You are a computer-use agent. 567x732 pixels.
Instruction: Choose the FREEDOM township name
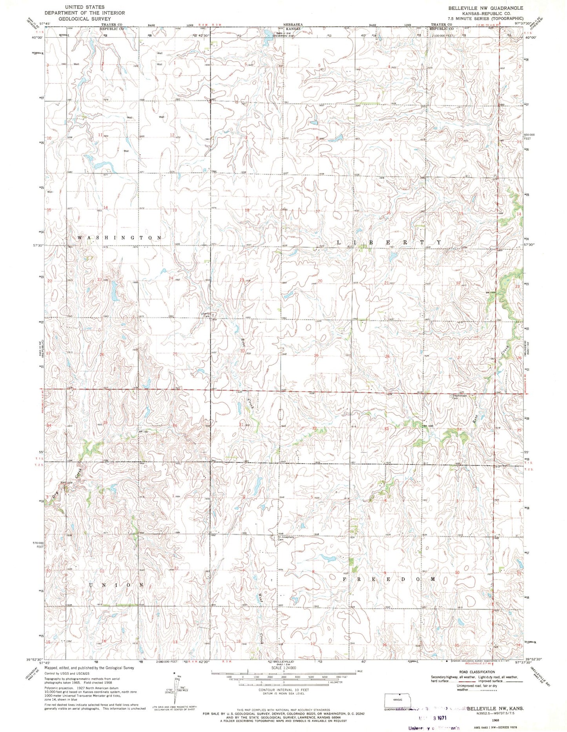[390, 579]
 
